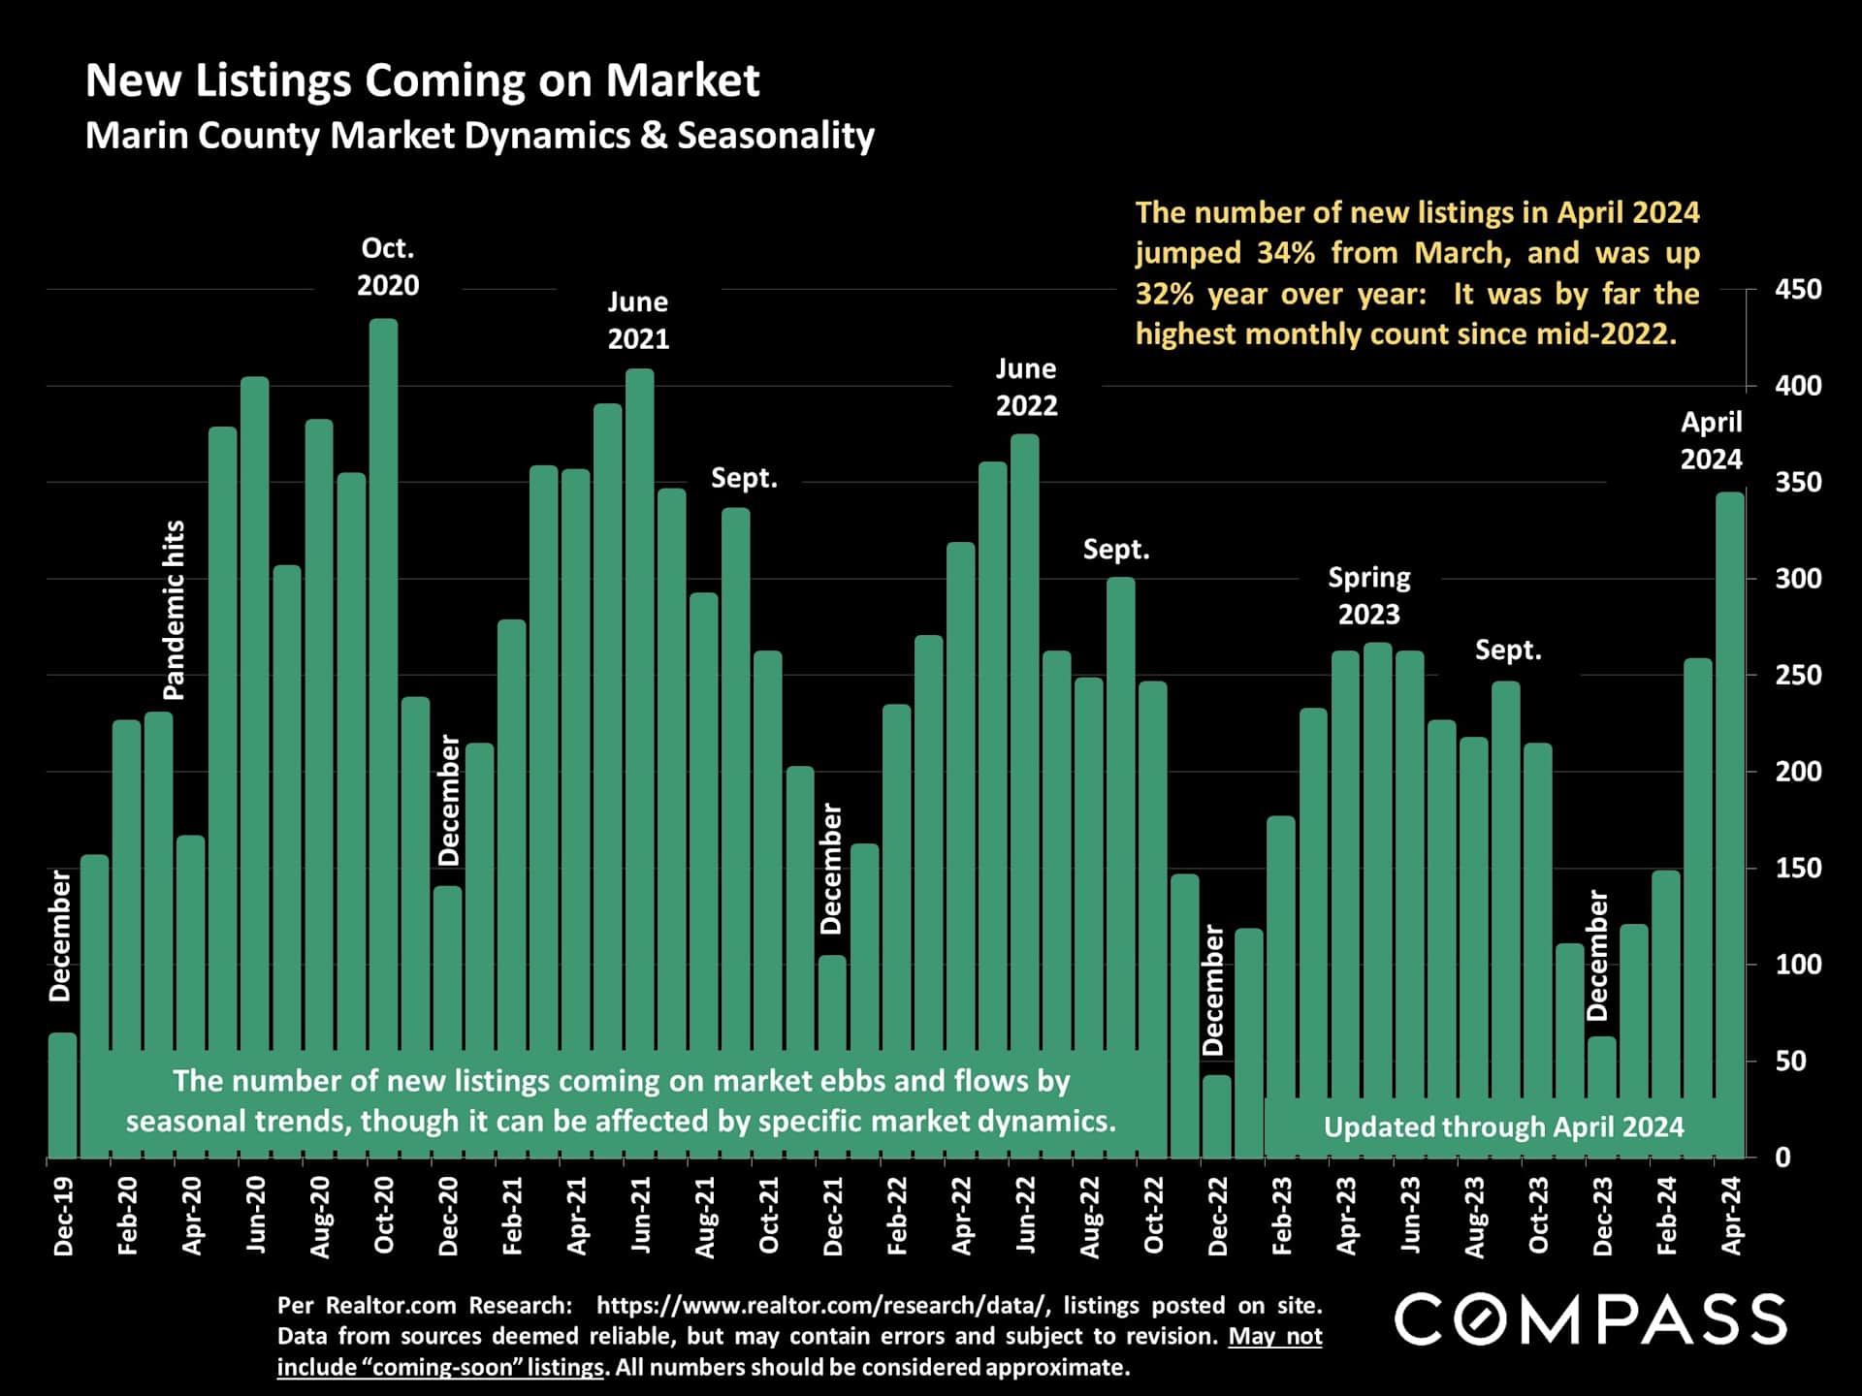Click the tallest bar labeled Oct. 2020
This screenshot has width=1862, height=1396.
tap(384, 679)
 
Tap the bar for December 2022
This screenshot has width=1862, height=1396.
tap(1217, 1115)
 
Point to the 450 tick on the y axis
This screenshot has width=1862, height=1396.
tap(1798, 289)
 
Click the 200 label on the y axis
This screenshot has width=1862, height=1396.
tap(1798, 772)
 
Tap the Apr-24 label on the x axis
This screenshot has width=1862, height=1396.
tap(1731, 1217)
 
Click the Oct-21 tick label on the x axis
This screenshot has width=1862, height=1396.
tap(769, 1217)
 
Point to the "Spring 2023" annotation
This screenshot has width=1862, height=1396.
tap(1368, 595)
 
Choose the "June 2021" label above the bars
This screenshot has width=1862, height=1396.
tap(638, 320)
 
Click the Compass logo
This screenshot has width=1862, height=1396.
tap(1589, 1319)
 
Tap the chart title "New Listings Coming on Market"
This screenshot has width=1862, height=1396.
tap(422, 79)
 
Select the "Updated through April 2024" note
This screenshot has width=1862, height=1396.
tap(1503, 1126)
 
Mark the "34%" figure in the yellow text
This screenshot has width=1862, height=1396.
tap(1286, 253)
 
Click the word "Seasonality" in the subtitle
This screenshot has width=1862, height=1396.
tap(776, 136)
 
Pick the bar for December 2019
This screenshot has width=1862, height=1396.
tap(63, 1095)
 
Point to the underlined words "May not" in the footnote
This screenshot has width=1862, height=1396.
tap(1275, 1336)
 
